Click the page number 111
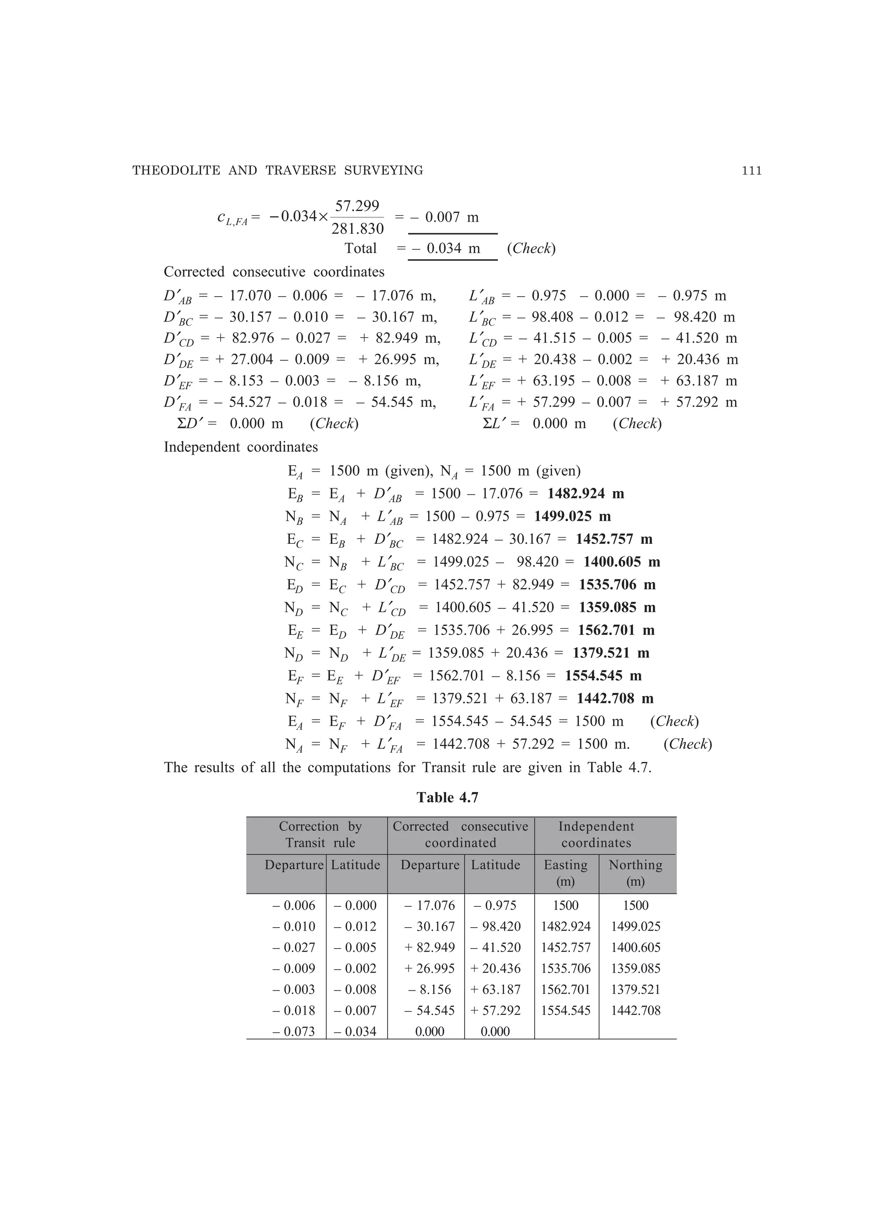752,171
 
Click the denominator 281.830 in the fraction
357,229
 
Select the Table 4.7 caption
447,798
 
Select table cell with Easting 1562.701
566,989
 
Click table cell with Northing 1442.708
636,1010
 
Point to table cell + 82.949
429,947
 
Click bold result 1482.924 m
585,494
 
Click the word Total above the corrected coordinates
360,248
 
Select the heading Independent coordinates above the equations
241,447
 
